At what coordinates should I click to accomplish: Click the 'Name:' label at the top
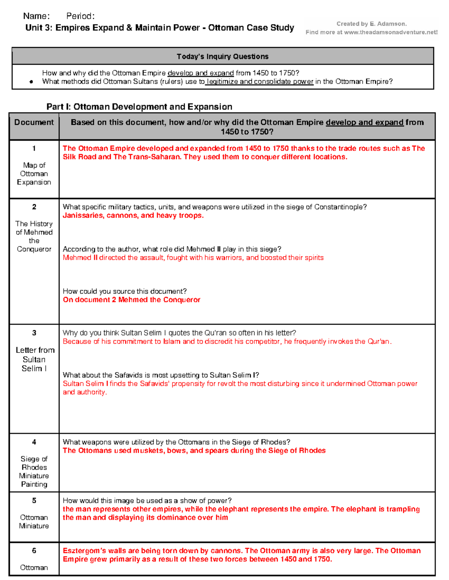pos(36,16)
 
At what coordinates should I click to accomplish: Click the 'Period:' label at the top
pos(80,16)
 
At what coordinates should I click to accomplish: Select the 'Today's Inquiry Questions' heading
pos(223,56)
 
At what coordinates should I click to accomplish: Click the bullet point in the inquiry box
pos(31,82)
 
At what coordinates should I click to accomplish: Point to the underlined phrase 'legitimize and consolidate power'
pos(260,81)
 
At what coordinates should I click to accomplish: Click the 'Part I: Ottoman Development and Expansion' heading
pos(139,107)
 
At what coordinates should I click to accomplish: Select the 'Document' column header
pos(34,122)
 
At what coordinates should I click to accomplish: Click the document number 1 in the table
pos(34,148)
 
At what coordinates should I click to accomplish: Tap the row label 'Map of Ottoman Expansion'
pos(34,174)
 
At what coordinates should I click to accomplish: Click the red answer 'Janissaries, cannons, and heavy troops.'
pos(133,215)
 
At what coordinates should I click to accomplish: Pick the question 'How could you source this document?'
pos(125,291)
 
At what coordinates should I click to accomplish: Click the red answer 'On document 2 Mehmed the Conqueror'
pos(131,300)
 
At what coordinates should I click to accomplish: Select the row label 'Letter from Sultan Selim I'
pos(34,359)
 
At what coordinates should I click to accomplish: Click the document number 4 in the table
pos(34,442)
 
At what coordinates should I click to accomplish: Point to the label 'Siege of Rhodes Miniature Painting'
pos(34,471)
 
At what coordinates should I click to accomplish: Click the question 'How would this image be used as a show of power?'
pos(147,500)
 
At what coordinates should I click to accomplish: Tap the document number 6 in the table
pos(34,550)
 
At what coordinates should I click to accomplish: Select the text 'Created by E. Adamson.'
pos(371,24)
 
